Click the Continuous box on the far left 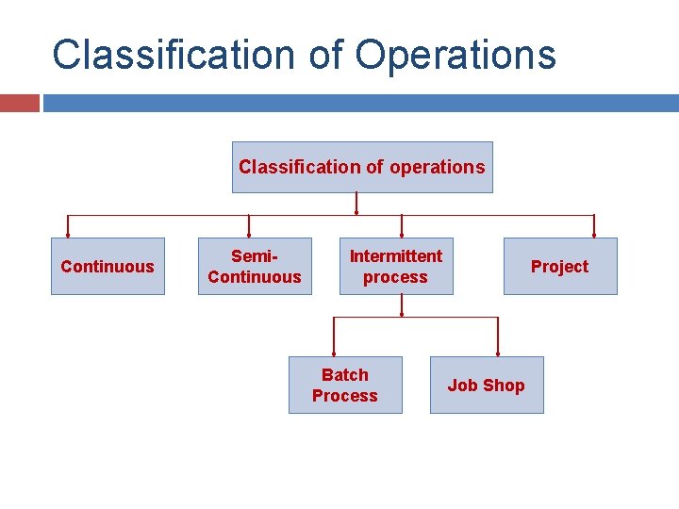pyautogui.click(x=108, y=267)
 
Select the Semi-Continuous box pyautogui.click(x=255, y=267)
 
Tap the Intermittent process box pyautogui.click(x=396, y=267)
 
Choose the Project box pyautogui.click(x=559, y=267)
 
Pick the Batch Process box pyautogui.click(x=345, y=385)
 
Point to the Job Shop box pyautogui.click(x=487, y=385)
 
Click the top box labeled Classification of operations pyautogui.click(x=362, y=167)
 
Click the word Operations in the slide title pyautogui.click(x=455, y=55)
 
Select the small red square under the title pyautogui.click(x=19, y=103)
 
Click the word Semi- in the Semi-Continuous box pyautogui.click(x=255, y=256)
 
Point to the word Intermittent pyautogui.click(x=396, y=256)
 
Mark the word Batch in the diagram pyautogui.click(x=345, y=374)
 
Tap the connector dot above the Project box pyautogui.click(x=594, y=235)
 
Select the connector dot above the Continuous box pyautogui.click(x=68, y=235)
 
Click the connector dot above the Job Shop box pyautogui.click(x=497, y=353)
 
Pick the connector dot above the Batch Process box pyautogui.click(x=334, y=353)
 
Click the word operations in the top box pyautogui.click(x=437, y=167)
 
